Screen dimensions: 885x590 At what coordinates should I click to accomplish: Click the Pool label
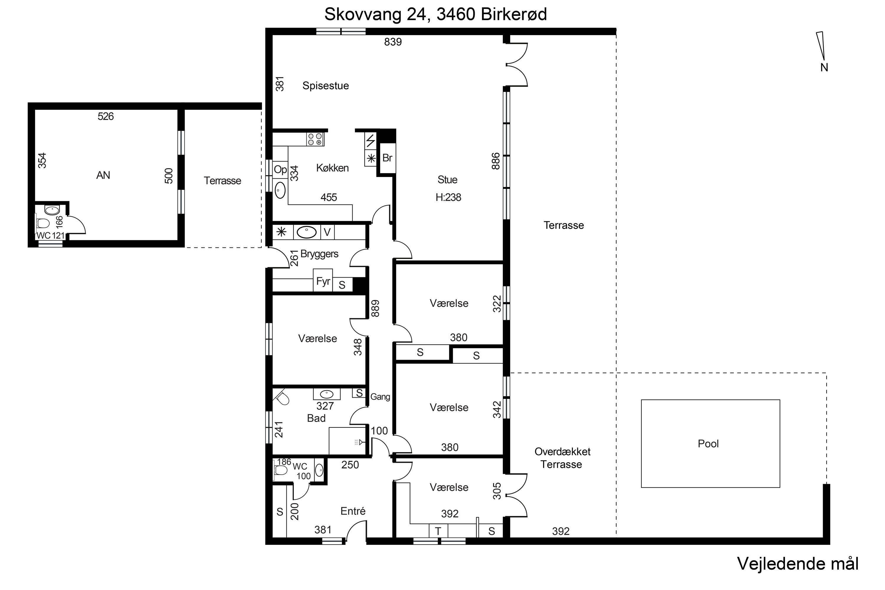click(x=708, y=444)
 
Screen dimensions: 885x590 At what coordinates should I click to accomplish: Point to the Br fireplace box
click(x=387, y=158)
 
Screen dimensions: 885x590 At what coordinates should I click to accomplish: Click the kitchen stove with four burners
click(x=315, y=139)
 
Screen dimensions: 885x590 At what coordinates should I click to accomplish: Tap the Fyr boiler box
click(x=323, y=280)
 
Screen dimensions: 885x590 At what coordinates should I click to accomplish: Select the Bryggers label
click(x=319, y=254)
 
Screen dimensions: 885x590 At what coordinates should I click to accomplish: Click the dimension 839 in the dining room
click(x=393, y=42)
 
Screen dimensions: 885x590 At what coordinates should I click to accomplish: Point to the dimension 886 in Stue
click(x=496, y=161)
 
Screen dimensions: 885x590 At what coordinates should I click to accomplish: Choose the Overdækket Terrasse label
click(x=562, y=458)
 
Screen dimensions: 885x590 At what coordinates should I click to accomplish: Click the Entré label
click(x=353, y=511)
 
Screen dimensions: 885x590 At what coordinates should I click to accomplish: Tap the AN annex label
click(x=103, y=175)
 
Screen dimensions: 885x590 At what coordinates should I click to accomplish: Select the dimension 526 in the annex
click(x=105, y=116)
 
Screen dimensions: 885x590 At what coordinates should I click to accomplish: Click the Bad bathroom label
click(x=316, y=418)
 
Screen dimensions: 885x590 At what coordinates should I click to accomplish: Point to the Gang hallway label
click(x=380, y=397)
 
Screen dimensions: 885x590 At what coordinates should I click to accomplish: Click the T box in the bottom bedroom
click(x=438, y=531)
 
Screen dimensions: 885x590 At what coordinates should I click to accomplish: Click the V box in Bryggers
click(x=327, y=232)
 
